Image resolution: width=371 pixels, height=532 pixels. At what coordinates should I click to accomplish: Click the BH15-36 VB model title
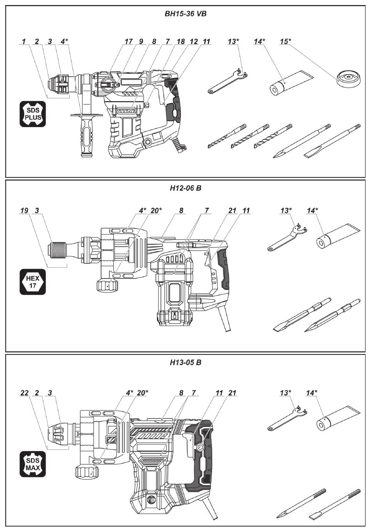point(185,14)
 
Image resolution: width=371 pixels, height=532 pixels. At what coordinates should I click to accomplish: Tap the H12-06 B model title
point(185,188)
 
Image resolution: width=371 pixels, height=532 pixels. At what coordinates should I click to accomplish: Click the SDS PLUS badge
point(32,114)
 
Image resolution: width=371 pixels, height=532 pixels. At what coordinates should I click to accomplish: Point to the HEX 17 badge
point(32,282)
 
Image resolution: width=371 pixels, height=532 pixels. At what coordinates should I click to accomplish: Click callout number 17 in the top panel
point(128,42)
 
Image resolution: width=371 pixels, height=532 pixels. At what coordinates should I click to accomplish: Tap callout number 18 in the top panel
point(181,42)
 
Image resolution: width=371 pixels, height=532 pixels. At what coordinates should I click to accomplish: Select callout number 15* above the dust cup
point(285,42)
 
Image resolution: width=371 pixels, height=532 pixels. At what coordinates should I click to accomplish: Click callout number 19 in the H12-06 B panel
point(25,211)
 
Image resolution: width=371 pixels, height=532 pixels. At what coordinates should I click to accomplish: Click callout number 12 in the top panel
point(194,42)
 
